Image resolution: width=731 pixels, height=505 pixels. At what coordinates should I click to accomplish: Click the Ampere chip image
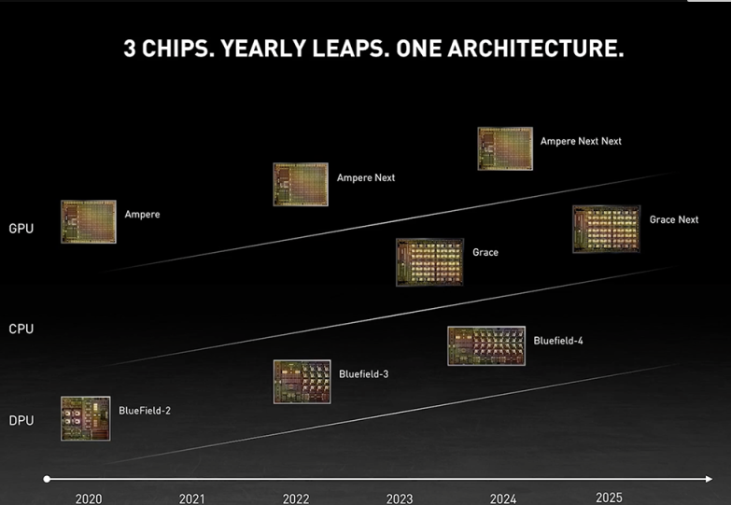click(x=89, y=222)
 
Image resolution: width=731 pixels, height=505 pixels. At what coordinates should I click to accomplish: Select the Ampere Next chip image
click(x=301, y=184)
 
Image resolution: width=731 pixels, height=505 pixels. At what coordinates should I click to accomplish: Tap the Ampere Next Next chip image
click(x=505, y=148)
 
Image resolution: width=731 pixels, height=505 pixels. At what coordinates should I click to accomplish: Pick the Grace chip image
click(x=429, y=262)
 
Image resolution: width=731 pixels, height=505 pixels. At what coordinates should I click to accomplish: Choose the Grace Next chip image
click(x=607, y=229)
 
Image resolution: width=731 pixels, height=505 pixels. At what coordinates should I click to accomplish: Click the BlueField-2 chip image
click(x=86, y=418)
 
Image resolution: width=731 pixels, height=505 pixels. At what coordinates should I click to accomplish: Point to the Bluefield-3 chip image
click(x=302, y=382)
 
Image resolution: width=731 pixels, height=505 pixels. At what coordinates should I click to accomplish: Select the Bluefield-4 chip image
click(x=486, y=345)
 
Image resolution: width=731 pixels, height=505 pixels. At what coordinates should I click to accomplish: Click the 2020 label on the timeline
click(x=89, y=499)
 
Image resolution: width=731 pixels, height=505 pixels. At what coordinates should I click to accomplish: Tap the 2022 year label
click(x=296, y=499)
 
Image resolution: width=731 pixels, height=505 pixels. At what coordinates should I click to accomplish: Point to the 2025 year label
click(x=609, y=498)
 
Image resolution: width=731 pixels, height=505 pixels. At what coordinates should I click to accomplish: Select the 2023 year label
click(x=400, y=499)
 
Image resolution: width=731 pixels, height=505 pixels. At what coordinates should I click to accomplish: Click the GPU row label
click(x=21, y=229)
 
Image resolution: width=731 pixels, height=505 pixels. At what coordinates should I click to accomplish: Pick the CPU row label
click(x=21, y=329)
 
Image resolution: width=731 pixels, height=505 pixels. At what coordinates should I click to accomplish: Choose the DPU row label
click(x=21, y=420)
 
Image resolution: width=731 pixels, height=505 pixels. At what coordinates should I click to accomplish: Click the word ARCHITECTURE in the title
click(x=535, y=49)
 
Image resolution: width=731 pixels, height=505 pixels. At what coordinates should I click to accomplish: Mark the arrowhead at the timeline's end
click(x=709, y=479)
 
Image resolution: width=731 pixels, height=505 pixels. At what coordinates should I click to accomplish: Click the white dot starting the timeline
click(x=47, y=479)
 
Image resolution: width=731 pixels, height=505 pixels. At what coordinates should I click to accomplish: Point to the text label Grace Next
click(x=674, y=219)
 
